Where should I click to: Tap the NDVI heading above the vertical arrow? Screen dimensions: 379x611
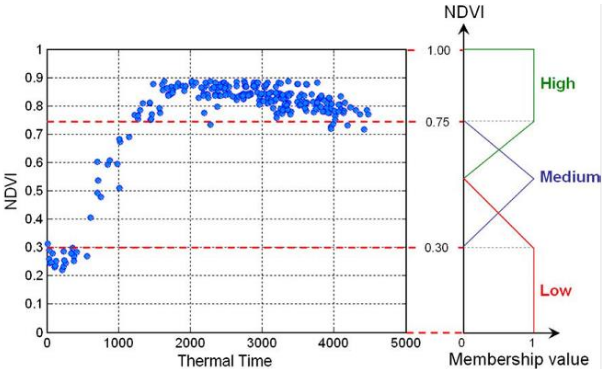[464, 12]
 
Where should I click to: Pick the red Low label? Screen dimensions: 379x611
[556, 291]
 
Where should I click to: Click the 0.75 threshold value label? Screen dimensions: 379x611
[437, 122]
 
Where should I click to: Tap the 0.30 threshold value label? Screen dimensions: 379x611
[436, 248]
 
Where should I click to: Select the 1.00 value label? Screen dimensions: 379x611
[438, 51]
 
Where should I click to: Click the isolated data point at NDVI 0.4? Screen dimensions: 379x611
[90, 218]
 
